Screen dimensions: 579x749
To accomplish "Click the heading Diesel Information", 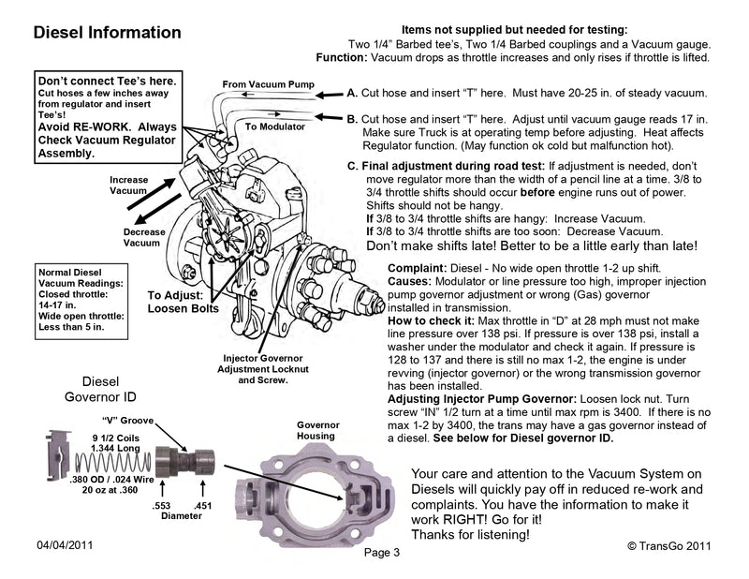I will coord(107,33).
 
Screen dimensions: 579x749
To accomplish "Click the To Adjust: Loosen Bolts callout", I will coord(184,301).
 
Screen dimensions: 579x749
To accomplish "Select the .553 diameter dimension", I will coord(161,505).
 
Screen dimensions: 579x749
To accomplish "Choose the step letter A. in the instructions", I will coord(352,95).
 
